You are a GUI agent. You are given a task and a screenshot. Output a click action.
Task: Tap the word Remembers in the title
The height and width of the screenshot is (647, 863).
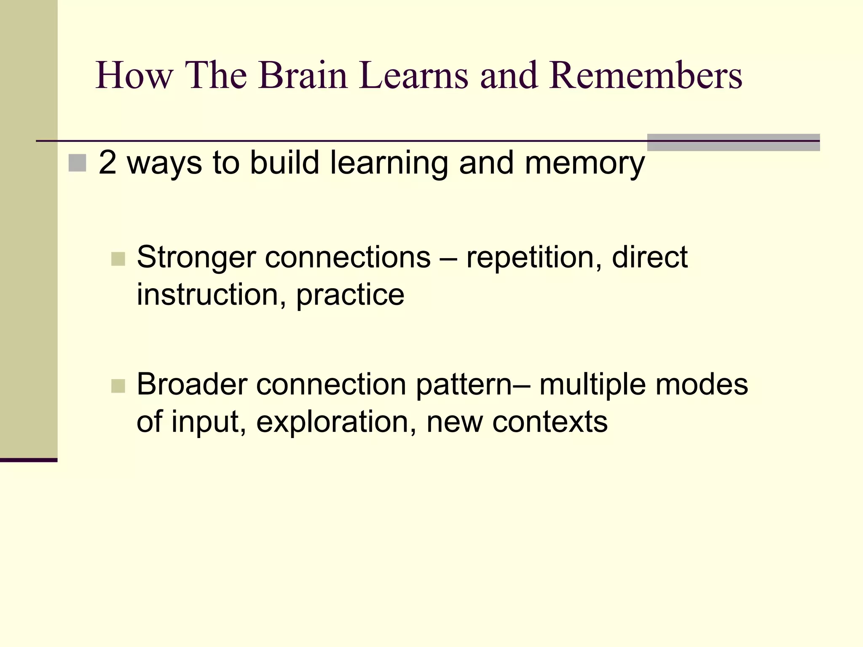(645, 76)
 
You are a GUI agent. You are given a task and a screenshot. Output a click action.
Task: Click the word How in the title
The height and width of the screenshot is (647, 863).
(134, 76)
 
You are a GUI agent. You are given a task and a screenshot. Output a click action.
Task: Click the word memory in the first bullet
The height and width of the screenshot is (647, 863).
(584, 163)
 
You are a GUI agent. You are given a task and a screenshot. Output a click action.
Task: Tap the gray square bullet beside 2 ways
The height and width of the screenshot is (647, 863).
(77, 163)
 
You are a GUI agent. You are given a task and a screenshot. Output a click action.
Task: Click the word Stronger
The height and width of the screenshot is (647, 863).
(196, 257)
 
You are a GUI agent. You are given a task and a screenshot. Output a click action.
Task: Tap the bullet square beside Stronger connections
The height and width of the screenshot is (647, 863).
(118, 259)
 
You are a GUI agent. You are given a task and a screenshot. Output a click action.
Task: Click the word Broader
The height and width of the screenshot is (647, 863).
(192, 385)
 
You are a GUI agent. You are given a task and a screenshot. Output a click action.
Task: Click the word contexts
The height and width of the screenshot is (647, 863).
(550, 422)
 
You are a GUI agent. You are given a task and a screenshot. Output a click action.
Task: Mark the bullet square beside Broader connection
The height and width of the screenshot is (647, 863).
(118, 386)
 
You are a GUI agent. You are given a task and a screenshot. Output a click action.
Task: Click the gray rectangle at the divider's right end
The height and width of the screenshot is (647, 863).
(733, 142)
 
